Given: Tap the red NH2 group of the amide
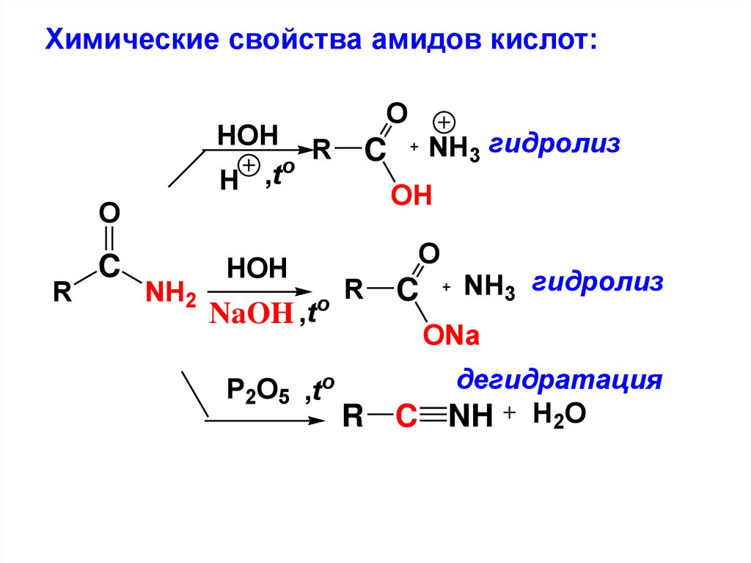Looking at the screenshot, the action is click(x=169, y=294).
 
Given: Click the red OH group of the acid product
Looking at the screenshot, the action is click(x=411, y=197).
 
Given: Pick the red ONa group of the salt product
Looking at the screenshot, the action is click(x=450, y=337).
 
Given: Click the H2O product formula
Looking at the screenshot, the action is click(x=560, y=415).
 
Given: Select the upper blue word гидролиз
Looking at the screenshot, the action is click(x=554, y=143).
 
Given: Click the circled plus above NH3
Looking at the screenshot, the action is click(x=445, y=122).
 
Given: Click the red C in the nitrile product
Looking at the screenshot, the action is click(x=406, y=418).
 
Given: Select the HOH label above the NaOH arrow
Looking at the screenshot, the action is click(x=257, y=269).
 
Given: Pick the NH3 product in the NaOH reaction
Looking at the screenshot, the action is click(x=489, y=288).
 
